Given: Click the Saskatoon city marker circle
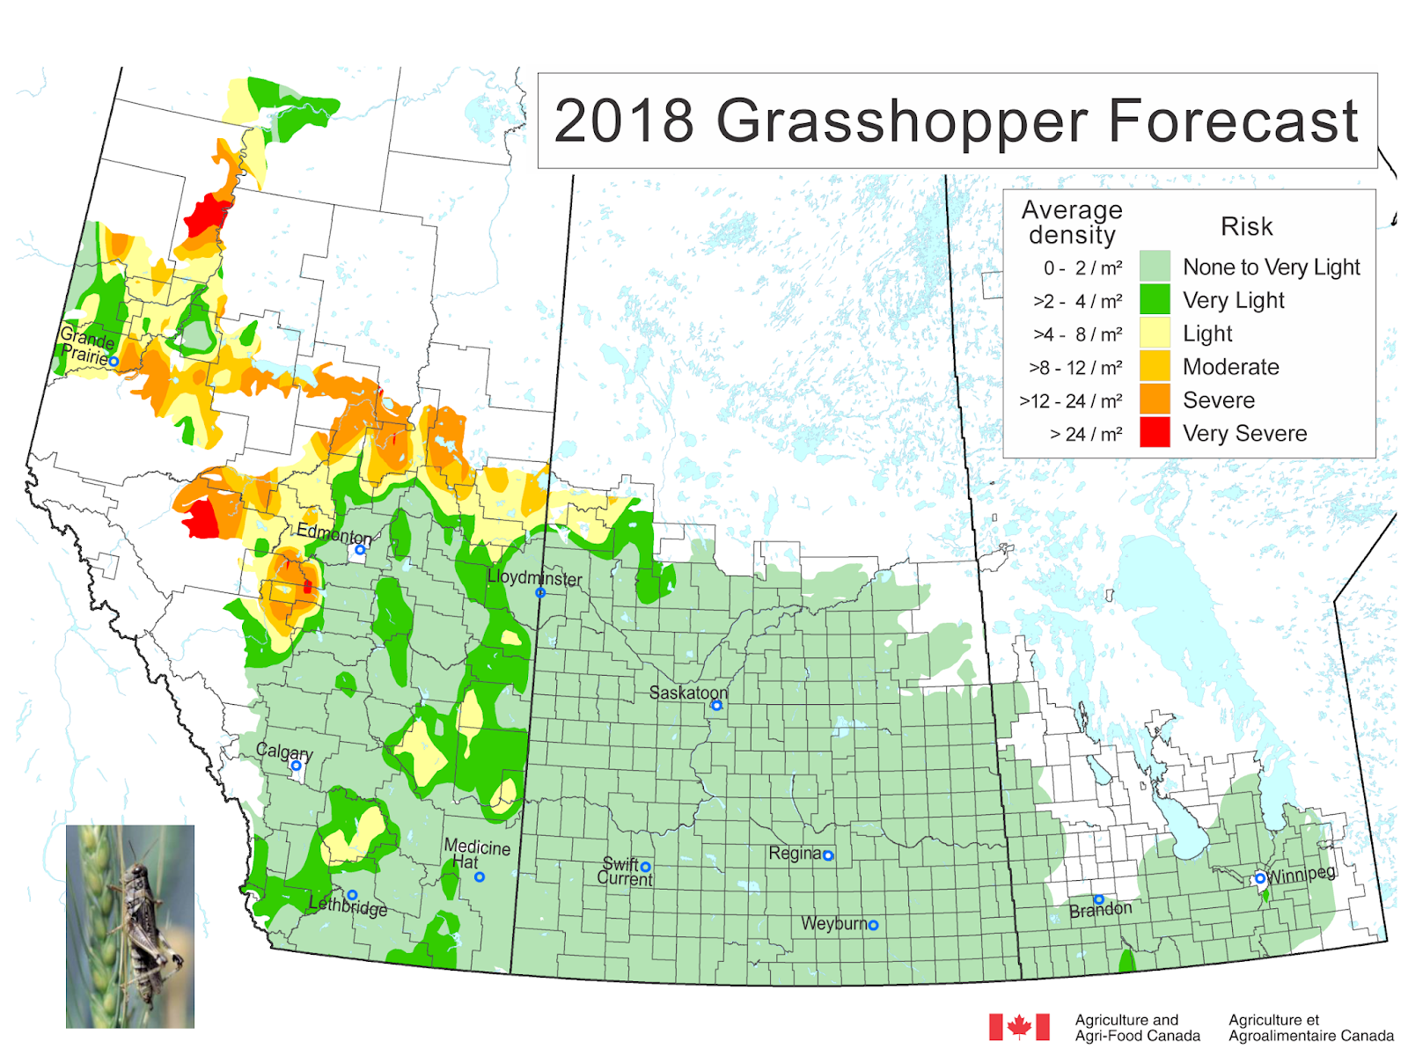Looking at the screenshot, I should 716,706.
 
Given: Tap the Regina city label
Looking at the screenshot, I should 794,854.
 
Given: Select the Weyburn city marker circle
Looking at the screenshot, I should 873,925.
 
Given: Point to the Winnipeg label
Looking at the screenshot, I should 1302,875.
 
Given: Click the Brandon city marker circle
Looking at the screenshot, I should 1099,899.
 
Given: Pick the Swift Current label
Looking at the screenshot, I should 625,872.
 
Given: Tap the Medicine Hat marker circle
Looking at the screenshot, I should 480,877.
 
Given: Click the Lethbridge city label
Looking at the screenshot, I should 348,907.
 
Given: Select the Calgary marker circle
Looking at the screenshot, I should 296,766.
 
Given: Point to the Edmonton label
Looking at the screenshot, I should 334,533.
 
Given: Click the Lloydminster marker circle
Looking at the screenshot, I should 540,593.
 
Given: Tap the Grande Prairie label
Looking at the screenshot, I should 86,346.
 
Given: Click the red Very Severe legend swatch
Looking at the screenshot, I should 1154,433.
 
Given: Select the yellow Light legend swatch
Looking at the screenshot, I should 1154,334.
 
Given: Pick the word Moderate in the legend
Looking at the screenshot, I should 1230,367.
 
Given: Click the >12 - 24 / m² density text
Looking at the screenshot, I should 1070,401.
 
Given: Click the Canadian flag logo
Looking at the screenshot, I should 1019,1026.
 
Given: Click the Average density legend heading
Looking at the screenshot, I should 1071,223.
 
